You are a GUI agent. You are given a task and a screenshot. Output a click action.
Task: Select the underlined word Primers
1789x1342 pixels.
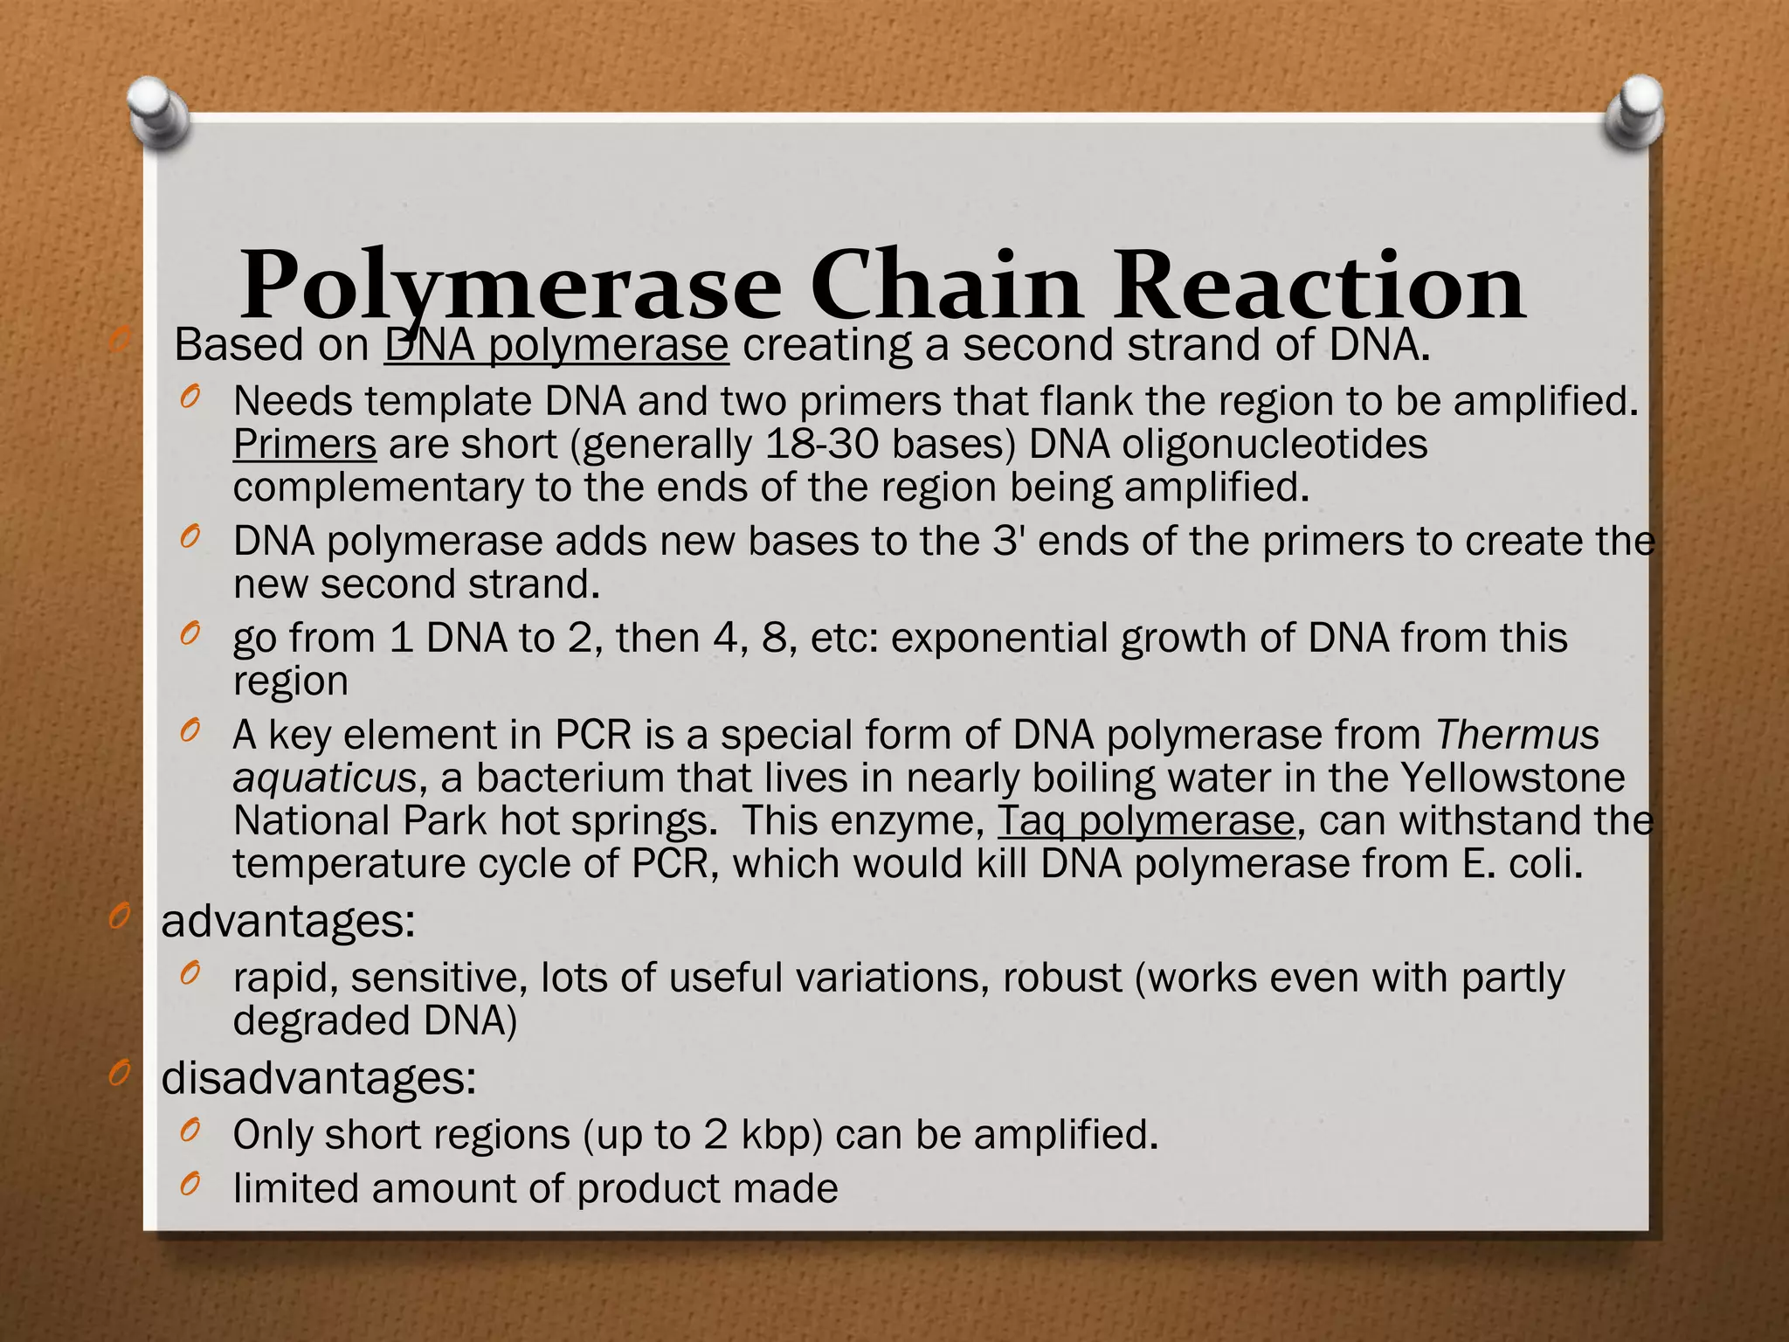point(304,445)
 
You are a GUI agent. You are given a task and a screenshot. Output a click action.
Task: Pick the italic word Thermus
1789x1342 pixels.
point(1517,735)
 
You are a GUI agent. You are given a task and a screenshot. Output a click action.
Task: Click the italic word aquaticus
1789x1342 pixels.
point(324,778)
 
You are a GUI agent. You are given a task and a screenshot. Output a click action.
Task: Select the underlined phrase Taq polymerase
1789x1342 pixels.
point(1145,821)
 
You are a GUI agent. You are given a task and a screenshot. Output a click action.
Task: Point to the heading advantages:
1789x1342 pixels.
point(288,922)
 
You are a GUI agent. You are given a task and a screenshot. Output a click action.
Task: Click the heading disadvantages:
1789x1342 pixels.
point(319,1079)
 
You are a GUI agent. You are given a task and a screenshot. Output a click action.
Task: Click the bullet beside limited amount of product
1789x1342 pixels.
point(190,1185)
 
